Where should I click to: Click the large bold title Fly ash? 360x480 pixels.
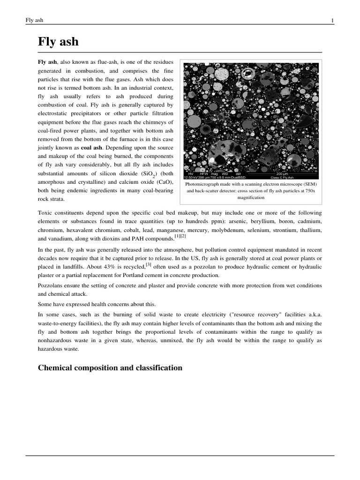58,42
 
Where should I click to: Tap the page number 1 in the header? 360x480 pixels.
332,20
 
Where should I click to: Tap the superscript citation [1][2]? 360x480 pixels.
180,236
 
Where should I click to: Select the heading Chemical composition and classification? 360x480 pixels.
110,367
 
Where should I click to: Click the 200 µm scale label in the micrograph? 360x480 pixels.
283,174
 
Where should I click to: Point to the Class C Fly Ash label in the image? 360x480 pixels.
282,178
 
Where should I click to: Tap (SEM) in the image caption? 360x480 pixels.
310,184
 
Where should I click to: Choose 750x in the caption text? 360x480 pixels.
310,191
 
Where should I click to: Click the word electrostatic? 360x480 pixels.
54,113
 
